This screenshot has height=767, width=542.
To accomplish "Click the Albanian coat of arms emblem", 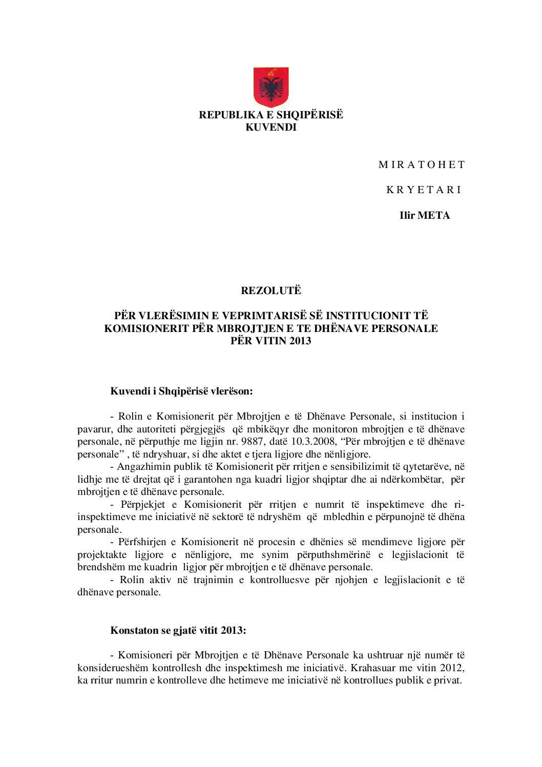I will (271, 87).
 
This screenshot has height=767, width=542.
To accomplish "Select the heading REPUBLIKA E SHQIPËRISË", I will (271, 115).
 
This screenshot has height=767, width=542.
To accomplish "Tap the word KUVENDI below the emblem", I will (271, 128).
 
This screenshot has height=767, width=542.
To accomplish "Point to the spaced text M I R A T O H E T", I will (422, 165).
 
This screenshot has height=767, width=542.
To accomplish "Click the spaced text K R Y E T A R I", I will (424, 190).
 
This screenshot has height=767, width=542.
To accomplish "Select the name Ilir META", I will (425, 216).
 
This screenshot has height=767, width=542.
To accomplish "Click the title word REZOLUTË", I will (271, 291).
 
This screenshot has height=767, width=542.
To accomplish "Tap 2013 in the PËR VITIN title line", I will (300, 341).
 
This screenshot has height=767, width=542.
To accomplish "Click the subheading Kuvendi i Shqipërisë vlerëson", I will (181, 391).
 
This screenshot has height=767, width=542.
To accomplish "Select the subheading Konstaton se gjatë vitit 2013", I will (178, 631).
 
